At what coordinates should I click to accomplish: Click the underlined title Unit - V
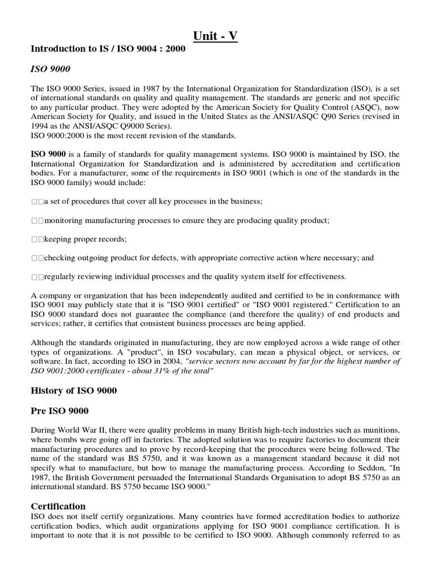click(x=215, y=36)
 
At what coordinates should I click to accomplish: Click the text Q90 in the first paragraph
click(x=326, y=117)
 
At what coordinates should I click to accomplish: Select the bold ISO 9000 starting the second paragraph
click(x=48, y=153)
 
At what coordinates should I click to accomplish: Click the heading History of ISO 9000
click(x=74, y=391)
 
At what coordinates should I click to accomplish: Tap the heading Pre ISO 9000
click(x=59, y=411)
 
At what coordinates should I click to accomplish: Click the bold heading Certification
click(x=58, y=506)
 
